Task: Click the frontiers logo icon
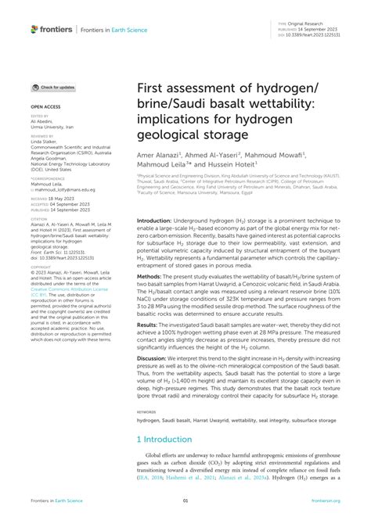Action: coord(34,29)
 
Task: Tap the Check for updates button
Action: coord(53,87)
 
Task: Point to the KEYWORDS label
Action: coord(146,411)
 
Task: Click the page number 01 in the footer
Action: coord(185,501)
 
